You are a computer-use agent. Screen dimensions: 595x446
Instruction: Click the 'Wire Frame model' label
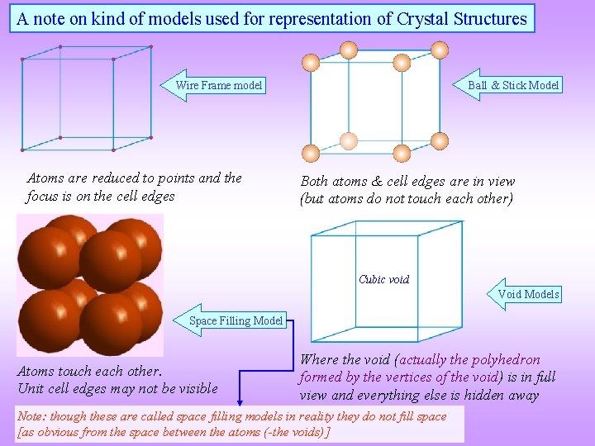219,85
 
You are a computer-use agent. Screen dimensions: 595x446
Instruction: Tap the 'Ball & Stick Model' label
513,85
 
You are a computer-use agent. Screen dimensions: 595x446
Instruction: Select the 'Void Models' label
528,294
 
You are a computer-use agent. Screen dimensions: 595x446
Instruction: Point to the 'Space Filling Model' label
236,320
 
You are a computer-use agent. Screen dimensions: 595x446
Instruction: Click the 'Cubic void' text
383,279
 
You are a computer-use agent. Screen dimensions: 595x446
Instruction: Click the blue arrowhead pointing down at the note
240,403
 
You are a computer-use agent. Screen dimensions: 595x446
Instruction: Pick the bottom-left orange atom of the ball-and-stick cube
311,153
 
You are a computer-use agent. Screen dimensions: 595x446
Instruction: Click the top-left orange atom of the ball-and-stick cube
311,62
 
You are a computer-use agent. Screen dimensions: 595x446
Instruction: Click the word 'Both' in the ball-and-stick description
314,182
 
